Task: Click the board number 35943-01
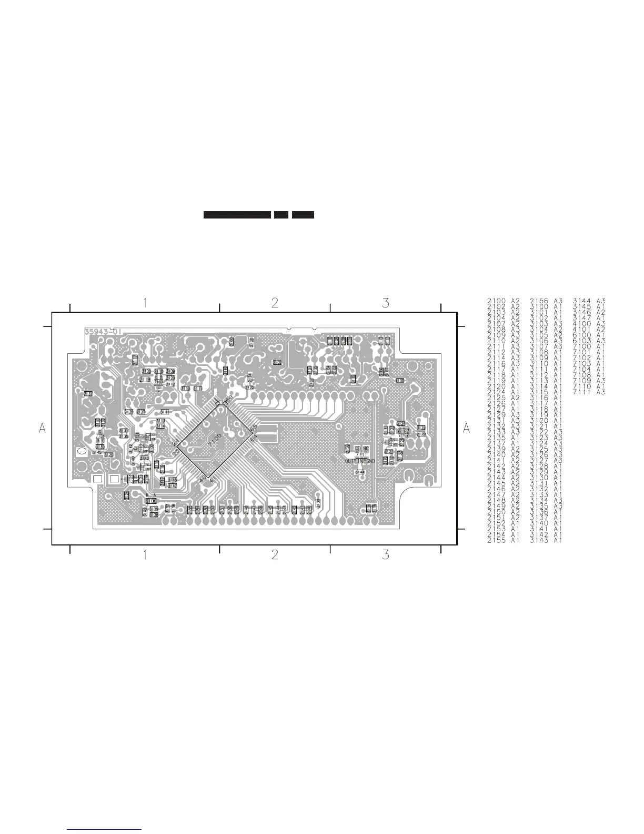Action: (x=103, y=332)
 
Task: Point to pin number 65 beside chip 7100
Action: (x=253, y=428)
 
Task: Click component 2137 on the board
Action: (x=88, y=393)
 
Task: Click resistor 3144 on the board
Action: (x=360, y=472)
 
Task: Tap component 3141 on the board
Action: (x=165, y=412)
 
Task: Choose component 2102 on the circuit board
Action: (x=251, y=341)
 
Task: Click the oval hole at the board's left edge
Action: (x=82, y=452)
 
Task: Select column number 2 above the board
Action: (x=275, y=303)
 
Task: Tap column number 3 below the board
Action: (x=386, y=554)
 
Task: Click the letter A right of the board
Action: (x=466, y=429)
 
